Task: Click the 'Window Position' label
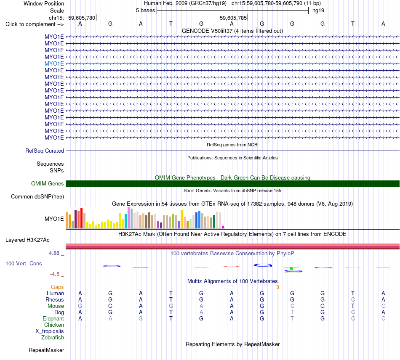coord(44,3)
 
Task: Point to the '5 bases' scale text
coord(145,11)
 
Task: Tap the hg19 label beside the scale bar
coord(318,11)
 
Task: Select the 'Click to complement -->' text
coord(35,24)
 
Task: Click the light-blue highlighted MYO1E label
coord(54,64)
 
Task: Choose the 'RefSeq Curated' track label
coord(45,151)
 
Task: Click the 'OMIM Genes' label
coord(48,183)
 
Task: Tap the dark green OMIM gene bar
coord(232,183)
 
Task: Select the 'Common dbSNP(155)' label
coord(37,197)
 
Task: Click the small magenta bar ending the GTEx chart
coord(223,227)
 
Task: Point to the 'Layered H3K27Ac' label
coord(27,240)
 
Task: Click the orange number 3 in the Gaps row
coord(277,287)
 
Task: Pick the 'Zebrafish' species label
coord(53,338)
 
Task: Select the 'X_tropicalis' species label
coord(50,331)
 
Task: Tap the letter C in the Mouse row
coord(292,306)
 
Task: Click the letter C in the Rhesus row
coord(353,299)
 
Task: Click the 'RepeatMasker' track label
coord(46,350)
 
